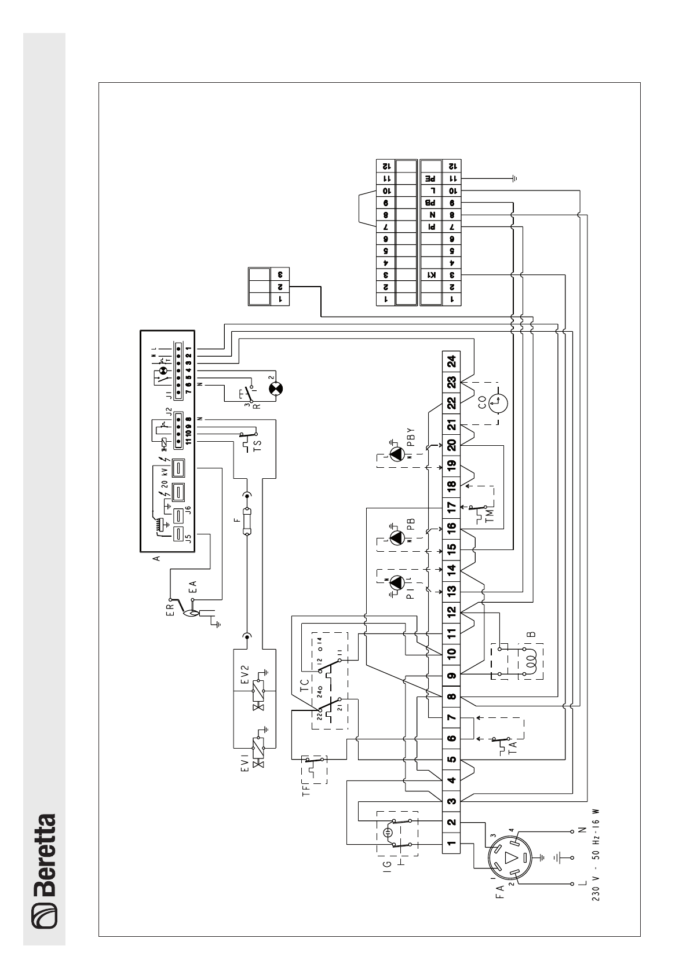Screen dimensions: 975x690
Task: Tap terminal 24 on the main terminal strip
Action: pos(452,361)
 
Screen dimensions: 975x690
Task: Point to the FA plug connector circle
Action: pos(510,857)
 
